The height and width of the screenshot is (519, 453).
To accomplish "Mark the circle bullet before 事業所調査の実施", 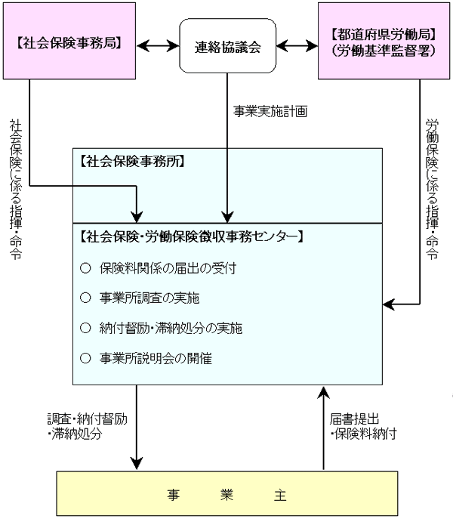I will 85,298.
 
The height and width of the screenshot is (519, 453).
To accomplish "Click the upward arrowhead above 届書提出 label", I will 323,393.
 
